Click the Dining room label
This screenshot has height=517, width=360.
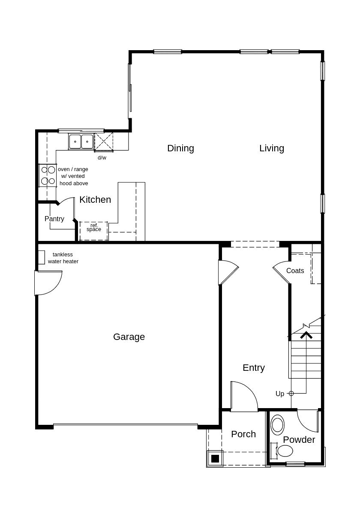point(180,148)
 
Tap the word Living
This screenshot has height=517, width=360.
point(272,148)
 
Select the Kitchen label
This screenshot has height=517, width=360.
point(95,200)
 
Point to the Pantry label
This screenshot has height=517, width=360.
point(54,219)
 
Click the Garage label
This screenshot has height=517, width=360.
point(129,337)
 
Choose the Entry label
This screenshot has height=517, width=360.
point(254,368)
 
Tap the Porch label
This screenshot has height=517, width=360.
point(243,434)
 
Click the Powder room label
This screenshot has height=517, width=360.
point(299,440)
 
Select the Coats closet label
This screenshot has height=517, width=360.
point(295,271)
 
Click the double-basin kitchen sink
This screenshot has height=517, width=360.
point(81,141)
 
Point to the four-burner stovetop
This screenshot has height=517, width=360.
point(48,175)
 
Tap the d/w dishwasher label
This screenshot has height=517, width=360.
point(102,158)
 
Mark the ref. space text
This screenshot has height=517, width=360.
point(94,228)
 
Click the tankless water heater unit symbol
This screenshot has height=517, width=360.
point(42,257)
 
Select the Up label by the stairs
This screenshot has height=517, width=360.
point(280,394)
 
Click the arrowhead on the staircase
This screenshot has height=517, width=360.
point(306,335)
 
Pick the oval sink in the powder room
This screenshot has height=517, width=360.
point(278,425)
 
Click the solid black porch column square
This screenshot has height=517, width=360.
point(215,459)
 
